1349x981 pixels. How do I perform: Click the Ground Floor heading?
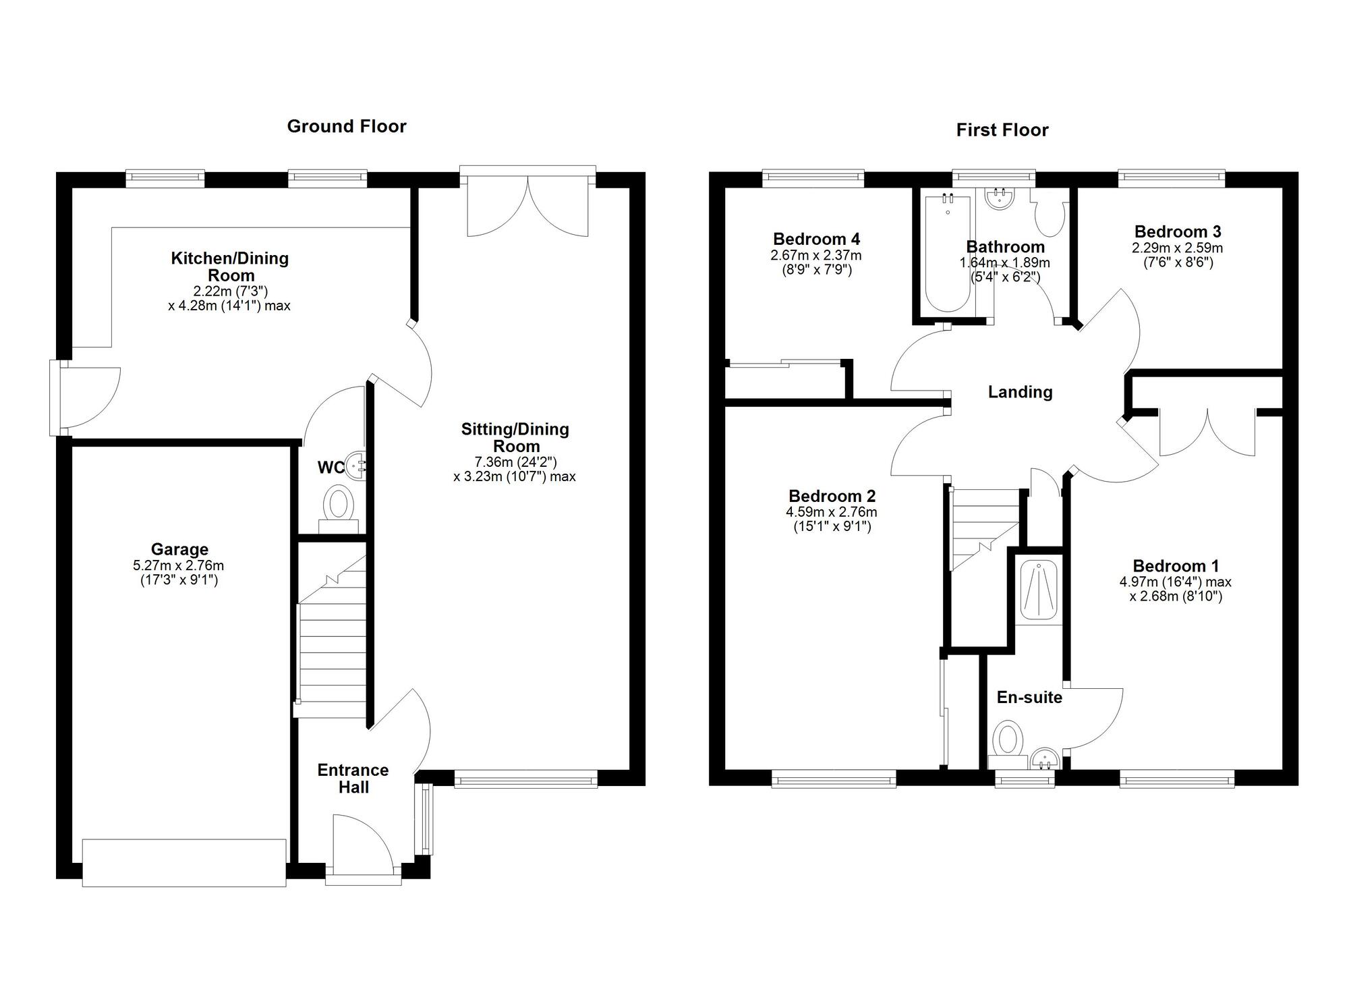(x=347, y=127)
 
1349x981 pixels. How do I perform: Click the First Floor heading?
(x=1002, y=130)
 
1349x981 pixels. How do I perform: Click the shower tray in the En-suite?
(x=1039, y=590)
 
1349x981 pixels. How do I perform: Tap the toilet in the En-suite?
(x=1008, y=744)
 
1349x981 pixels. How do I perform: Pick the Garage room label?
(x=179, y=550)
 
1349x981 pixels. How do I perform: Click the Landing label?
(x=1020, y=392)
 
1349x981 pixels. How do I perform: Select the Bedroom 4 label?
(x=816, y=239)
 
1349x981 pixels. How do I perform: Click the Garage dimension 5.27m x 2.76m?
(x=179, y=565)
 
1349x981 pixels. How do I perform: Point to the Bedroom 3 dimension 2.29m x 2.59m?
(x=1177, y=248)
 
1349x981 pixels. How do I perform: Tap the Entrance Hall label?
(x=353, y=779)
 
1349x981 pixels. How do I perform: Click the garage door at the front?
(x=184, y=862)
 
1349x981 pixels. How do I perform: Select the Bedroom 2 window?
(x=834, y=779)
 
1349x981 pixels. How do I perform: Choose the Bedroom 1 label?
(x=1176, y=566)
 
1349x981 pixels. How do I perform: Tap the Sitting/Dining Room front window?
(x=526, y=779)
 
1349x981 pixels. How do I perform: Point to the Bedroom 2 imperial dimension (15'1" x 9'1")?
(x=832, y=527)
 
